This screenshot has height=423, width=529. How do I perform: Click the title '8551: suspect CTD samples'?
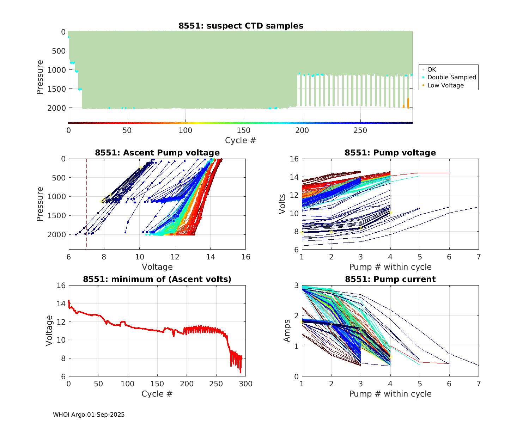[241, 26]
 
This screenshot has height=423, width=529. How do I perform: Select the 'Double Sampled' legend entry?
[451, 77]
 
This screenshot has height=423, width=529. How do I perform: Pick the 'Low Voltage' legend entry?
[445, 85]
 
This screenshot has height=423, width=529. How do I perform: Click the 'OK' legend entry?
[432, 69]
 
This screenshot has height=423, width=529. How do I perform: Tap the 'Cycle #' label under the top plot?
[241, 140]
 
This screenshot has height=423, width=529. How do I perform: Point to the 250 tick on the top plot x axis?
[360, 130]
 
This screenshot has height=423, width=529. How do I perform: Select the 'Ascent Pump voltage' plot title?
[157, 153]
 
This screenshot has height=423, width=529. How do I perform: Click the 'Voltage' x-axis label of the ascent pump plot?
[157, 267]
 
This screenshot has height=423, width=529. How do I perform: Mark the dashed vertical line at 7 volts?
[86, 204]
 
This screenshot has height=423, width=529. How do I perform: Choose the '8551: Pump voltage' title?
[390, 153]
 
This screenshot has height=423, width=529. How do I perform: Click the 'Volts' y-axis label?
[282, 204]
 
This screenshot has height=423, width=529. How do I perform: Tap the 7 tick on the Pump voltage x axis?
[479, 257]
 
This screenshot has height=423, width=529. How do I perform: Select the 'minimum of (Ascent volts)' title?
[157, 279]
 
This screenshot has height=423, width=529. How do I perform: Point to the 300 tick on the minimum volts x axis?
[246, 384]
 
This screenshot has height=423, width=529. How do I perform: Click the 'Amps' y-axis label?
[287, 331]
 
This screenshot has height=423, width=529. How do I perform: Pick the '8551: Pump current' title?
[390, 279]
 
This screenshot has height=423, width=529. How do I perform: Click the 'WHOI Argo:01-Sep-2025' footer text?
[89, 415]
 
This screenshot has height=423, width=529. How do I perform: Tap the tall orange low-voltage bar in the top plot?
[408, 103]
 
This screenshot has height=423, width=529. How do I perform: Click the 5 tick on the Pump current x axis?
[420, 384]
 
